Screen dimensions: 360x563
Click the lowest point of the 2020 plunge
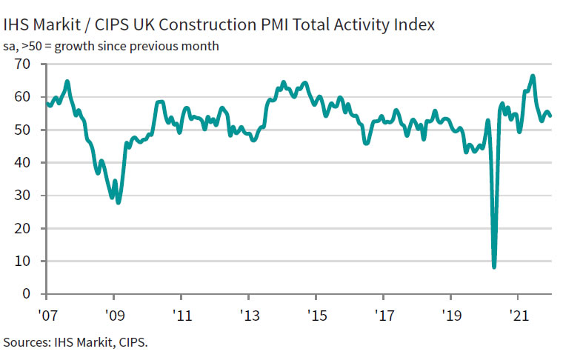494,267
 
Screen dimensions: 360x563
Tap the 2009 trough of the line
119,202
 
